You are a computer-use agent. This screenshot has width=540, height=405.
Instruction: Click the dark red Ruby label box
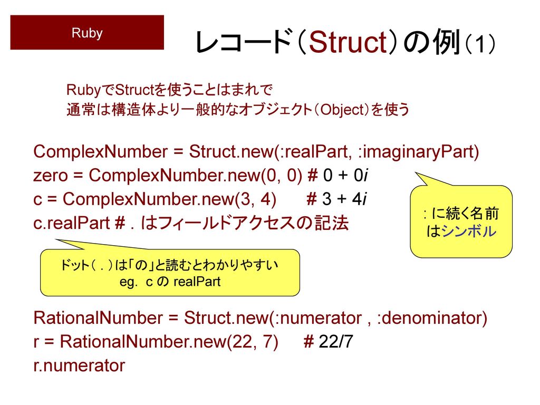tap(87, 32)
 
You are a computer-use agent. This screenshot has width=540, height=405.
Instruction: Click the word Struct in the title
tap(348, 42)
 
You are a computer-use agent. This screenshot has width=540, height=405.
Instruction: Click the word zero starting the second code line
tap(50, 176)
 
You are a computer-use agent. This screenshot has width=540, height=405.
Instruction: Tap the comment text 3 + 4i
tap(344, 199)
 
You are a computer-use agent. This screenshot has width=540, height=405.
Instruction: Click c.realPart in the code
tap(72, 223)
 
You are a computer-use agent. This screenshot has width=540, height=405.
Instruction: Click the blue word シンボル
tap(469, 231)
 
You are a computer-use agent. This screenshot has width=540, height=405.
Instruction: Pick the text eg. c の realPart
tap(170, 282)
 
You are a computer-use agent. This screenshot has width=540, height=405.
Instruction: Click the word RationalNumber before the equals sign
tap(98, 317)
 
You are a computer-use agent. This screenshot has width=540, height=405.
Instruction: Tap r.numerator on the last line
tap(79, 365)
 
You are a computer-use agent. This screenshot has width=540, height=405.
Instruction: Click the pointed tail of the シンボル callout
tap(416, 173)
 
